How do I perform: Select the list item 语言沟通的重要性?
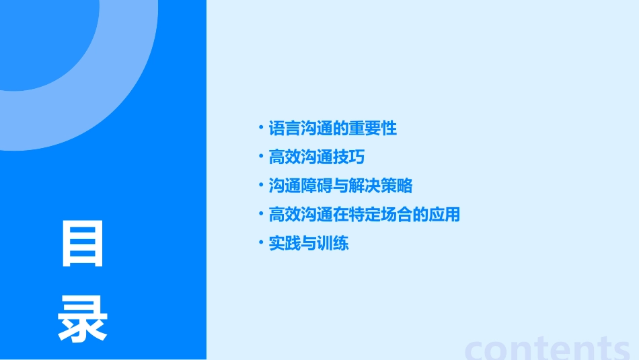333,128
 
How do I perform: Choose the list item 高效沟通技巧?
317,157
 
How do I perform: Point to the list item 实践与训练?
309,244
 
